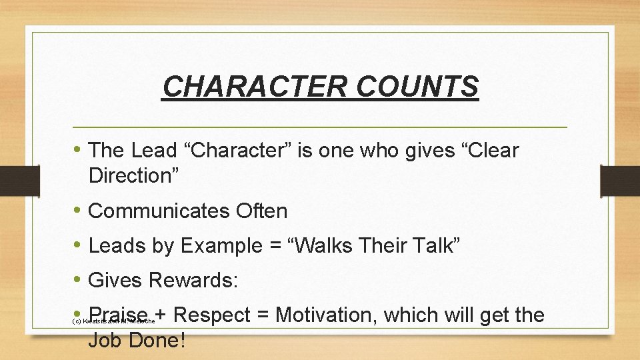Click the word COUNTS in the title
pos(417,86)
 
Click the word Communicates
pos(159,211)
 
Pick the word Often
pos(261,211)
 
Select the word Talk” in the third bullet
pos(432,246)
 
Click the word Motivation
pos(328,315)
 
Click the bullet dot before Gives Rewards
pos(77,281)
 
